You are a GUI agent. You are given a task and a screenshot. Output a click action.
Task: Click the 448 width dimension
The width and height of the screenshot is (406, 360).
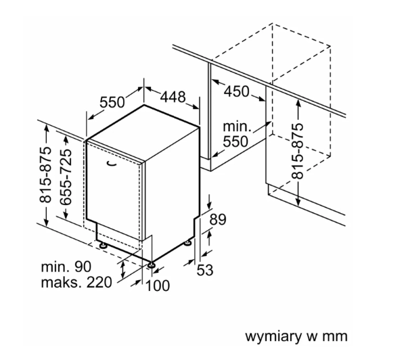click(x=173, y=97)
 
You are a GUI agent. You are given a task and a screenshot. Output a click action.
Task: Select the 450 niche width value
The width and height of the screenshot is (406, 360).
click(x=236, y=91)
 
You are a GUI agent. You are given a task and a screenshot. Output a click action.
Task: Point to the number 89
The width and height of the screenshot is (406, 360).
click(x=217, y=219)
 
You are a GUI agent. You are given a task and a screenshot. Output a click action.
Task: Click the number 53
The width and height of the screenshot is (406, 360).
click(x=205, y=270)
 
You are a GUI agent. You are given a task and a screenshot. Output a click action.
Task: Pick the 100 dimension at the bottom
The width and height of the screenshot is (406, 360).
click(x=158, y=286)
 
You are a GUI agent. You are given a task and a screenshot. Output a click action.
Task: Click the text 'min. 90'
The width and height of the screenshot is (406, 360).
click(x=66, y=267)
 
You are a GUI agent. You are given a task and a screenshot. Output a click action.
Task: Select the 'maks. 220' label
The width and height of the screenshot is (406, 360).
click(x=76, y=282)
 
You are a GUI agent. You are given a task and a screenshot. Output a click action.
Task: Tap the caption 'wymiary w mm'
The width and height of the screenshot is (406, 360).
click(x=296, y=336)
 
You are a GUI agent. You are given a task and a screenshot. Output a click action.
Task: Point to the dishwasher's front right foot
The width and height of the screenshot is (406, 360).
click(x=151, y=265)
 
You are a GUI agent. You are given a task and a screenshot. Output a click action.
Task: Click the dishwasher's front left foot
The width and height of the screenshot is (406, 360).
click(x=103, y=245)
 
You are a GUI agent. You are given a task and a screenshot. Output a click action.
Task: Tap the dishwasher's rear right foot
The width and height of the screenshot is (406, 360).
click(x=187, y=243)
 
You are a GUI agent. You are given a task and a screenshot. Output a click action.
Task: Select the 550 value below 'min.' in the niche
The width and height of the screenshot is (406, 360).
click(x=235, y=141)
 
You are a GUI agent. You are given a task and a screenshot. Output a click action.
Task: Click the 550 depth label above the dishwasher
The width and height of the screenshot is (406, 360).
click(x=112, y=102)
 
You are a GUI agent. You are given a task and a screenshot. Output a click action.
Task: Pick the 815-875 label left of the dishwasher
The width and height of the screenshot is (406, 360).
click(x=45, y=175)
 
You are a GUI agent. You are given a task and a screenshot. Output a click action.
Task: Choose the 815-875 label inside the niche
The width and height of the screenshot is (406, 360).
click(x=297, y=152)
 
